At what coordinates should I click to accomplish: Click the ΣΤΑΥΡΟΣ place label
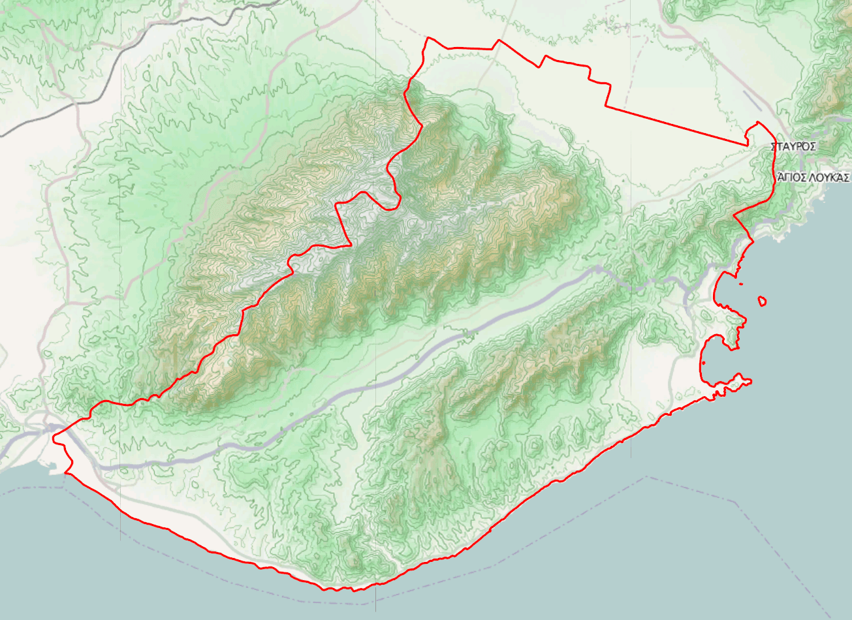793,147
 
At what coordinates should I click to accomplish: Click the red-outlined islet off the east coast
762,301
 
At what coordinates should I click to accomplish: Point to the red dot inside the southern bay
703,363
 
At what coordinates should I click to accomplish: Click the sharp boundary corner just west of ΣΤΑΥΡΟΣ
747,144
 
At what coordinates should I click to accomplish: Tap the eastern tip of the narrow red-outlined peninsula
750,382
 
